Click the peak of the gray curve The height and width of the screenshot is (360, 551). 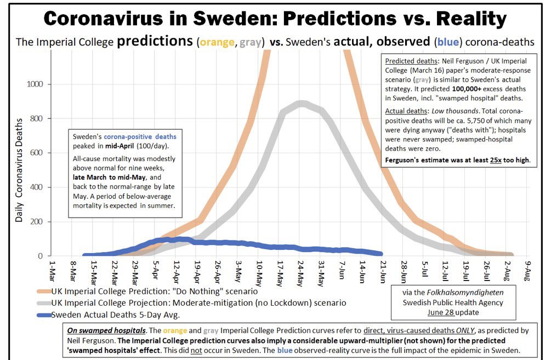[300, 104]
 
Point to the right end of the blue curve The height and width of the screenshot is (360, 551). [380, 254]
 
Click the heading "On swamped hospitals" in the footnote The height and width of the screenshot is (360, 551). [112, 332]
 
